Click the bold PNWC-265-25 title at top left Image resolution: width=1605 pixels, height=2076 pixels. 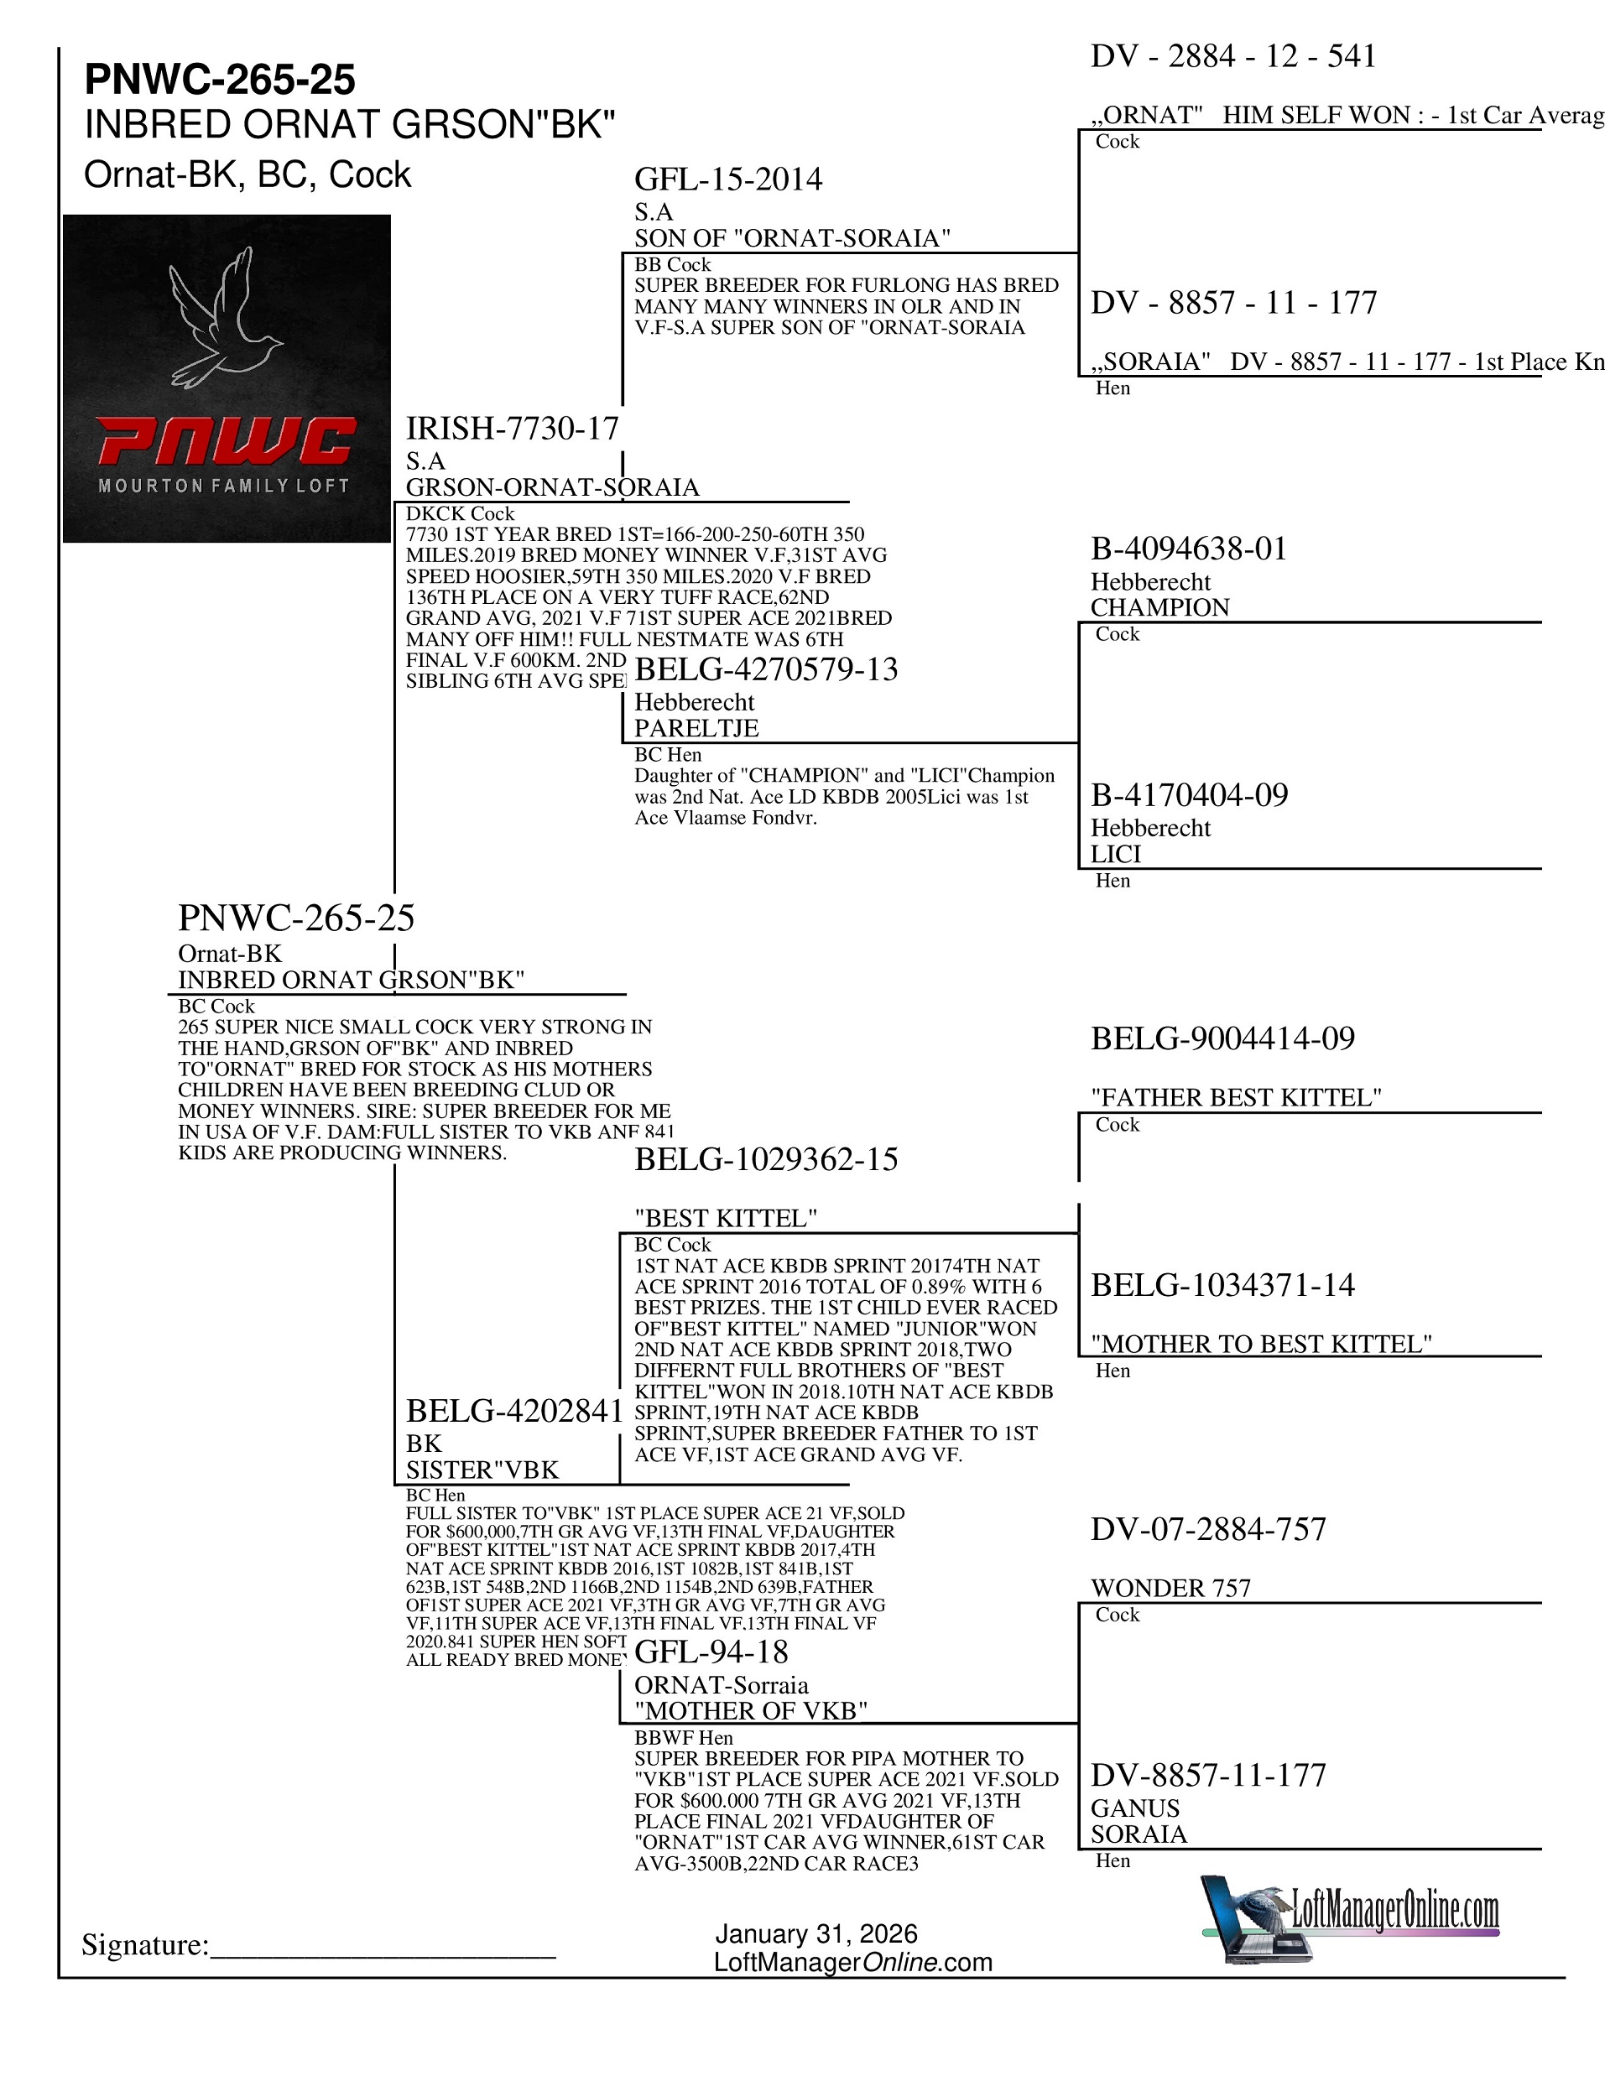pyautogui.click(x=220, y=80)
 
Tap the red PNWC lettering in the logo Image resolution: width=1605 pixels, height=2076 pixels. pyautogui.click(x=227, y=442)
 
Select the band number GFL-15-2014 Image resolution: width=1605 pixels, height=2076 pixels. pyautogui.click(x=728, y=180)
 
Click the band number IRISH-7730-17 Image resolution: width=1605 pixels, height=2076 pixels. pyautogui.click(x=513, y=429)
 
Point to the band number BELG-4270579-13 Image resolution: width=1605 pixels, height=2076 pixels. pyautogui.click(x=765, y=669)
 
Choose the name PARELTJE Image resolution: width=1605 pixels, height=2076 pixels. pyautogui.click(x=696, y=728)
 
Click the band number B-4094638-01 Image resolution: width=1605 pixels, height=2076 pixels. pyautogui.click(x=1189, y=549)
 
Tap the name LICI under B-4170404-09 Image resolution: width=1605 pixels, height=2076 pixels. pyautogui.click(x=1115, y=854)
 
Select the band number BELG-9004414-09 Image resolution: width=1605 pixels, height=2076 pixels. pyautogui.click(x=1222, y=1039)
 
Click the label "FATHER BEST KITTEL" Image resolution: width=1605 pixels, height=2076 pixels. pyautogui.click(x=1236, y=1098)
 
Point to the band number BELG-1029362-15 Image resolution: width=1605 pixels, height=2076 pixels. pyautogui.click(x=765, y=1160)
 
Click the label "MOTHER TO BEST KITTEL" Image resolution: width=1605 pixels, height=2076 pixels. pyautogui.click(x=1261, y=1344)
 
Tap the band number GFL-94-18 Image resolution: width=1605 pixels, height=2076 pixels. pyautogui.click(x=711, y=1652)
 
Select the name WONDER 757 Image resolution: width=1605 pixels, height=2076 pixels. pyautogui.click(x=1170, y=1589)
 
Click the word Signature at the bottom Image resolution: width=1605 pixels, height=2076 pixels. pyautogui.click(x=144, y=1945)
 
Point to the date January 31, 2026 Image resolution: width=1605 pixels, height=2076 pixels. pyautogui.click(x=816, y=1933)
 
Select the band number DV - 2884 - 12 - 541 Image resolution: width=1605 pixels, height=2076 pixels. pyautogui.click(x=1233, y=57)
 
